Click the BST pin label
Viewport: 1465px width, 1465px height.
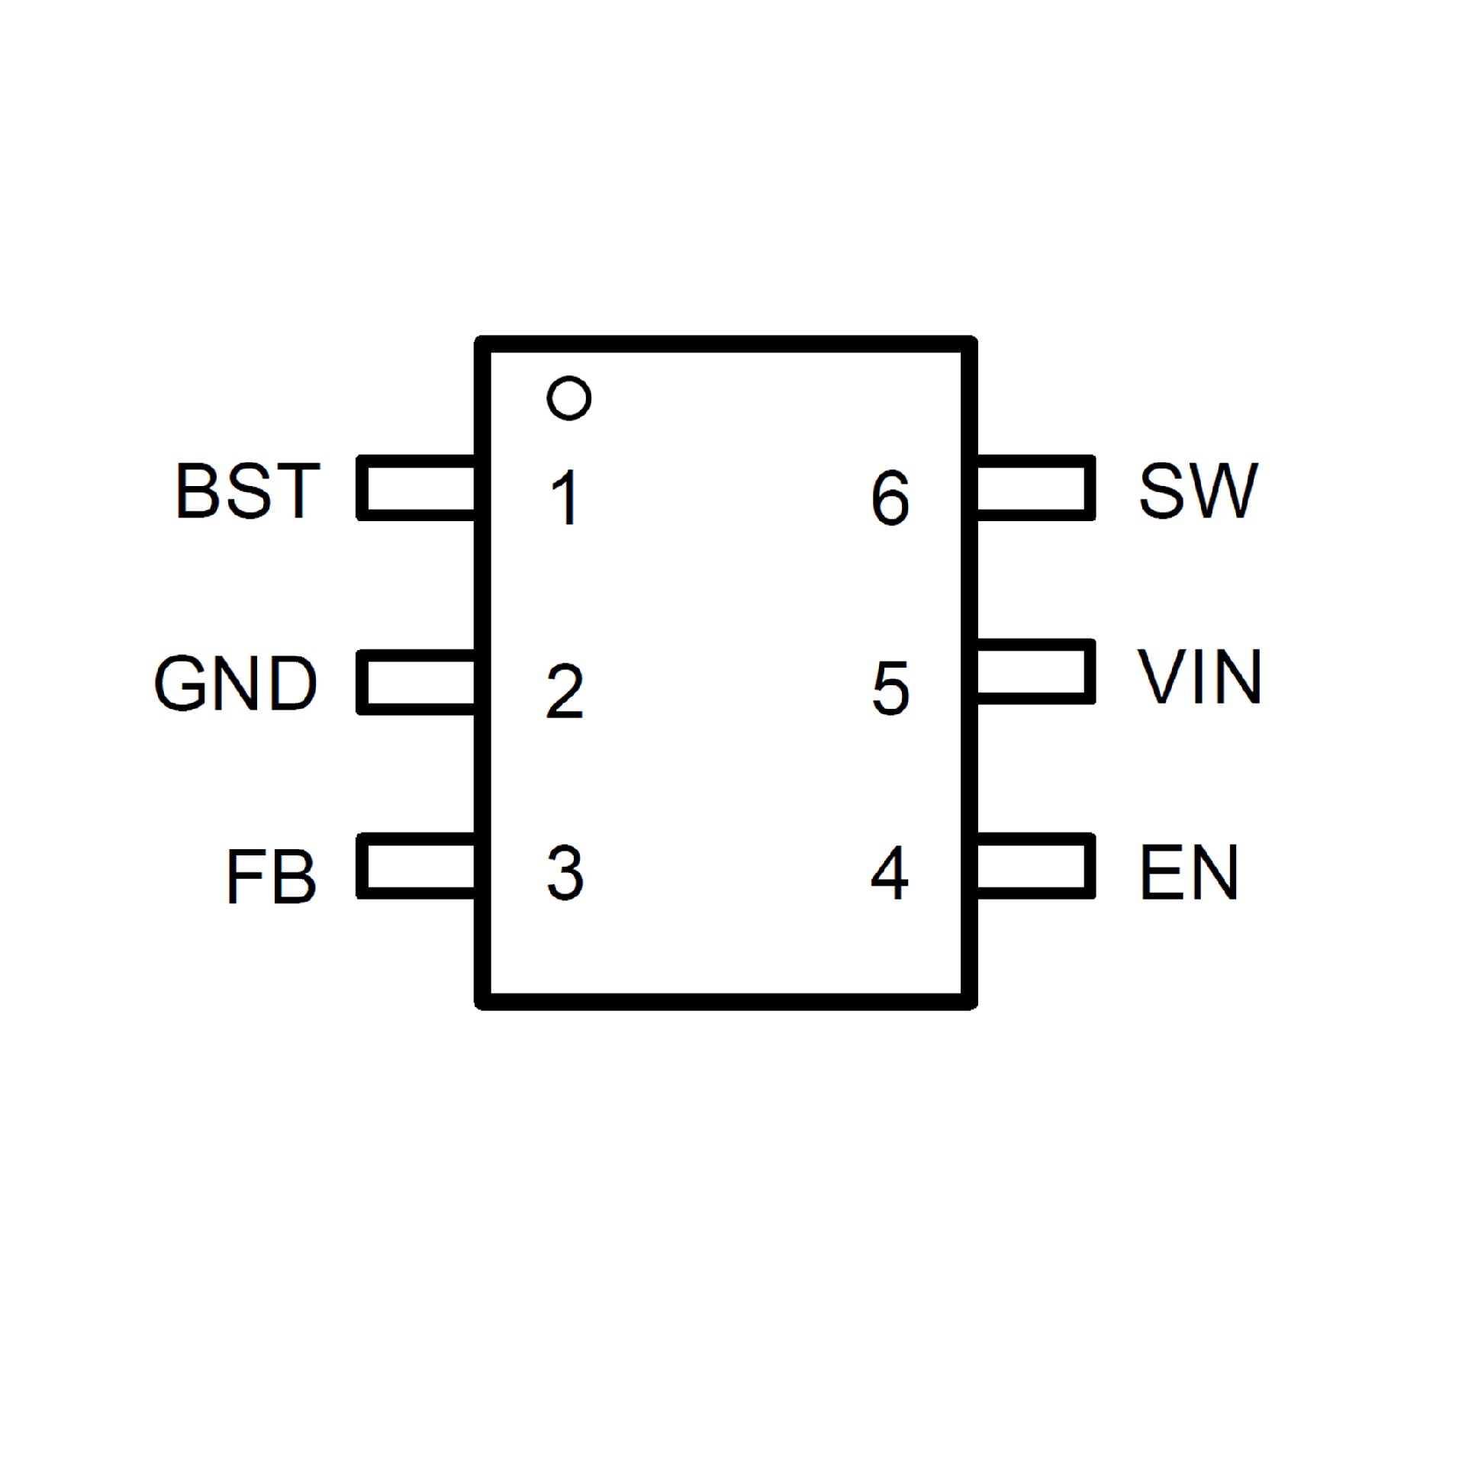[x=248, y=490]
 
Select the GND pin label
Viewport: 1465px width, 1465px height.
[x=236, y=683]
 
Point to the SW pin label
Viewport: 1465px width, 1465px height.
[x=1197, y=490]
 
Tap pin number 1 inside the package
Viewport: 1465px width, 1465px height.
[x=565, y=497]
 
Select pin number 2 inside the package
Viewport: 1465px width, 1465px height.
[x=565, y=691]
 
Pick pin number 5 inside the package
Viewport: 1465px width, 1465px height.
[x=890, y=688]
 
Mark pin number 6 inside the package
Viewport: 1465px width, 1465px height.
[x=890, y=497]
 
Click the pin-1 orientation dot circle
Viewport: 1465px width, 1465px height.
[x=569, y=398]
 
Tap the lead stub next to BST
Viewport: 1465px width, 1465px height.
[x=417, y=488]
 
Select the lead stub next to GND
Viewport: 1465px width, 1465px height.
[x=417, y=682]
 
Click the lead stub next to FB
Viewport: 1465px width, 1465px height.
[x=417, y=865]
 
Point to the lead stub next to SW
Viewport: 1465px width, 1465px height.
[x=1035, y=488]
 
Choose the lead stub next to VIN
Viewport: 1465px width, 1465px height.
[x=1035, y=671]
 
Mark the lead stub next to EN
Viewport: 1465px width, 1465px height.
[x=1035, y=865]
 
